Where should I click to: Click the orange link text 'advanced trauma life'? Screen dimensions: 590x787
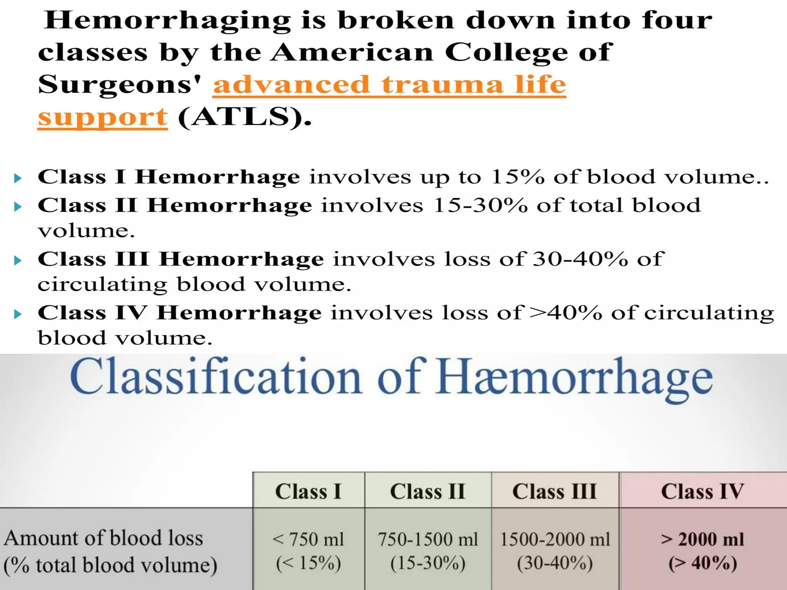[x=389, y=85]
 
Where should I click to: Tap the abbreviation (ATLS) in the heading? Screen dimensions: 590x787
[x=244, y=117]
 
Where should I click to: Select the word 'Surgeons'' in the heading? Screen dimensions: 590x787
[x=120, y=85]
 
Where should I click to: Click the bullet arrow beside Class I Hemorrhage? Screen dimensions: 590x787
[x=17, y=178]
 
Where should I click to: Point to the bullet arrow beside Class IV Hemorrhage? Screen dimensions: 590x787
[x=17, y=315]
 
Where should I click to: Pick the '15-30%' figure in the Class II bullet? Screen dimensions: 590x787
[x=480, y=205]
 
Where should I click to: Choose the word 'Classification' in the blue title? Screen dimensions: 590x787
[x=215, y=376]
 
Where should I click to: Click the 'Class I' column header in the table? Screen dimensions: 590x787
[x=308, y=491]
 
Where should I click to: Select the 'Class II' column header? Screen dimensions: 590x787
[x=427, y=491]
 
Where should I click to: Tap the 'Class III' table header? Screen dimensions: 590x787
[x=555, y=491]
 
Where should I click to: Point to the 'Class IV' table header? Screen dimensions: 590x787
[x=702, y=491]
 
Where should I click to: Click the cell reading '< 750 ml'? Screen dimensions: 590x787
[x=308, y=539]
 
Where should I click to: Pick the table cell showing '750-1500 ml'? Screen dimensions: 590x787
[x=428, y=539]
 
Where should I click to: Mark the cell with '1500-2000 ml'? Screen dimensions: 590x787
[x=555, y=539]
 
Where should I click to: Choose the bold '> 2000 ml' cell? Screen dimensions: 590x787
[x=702, y=539]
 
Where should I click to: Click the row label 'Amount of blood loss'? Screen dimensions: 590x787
[x=103, y=538]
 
